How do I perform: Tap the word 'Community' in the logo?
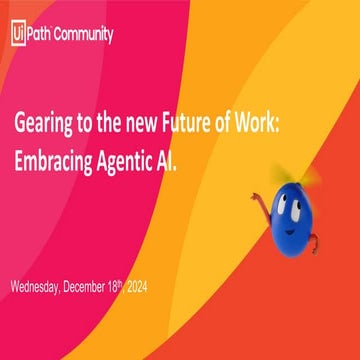point(85,34)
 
